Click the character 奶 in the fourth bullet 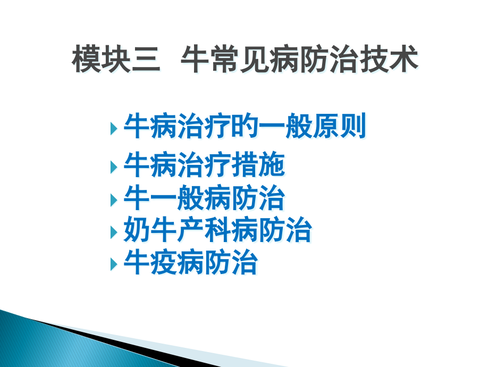tap(137, 232)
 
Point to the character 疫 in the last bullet tap(164, 264)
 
